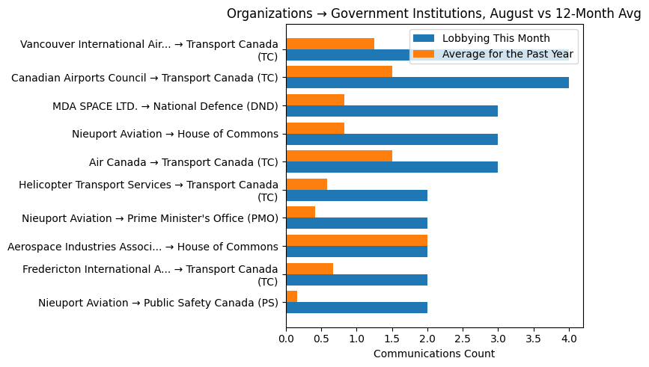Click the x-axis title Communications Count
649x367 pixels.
434,354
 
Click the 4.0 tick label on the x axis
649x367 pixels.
569,339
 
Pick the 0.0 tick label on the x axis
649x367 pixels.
286,339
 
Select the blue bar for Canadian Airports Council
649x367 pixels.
427,83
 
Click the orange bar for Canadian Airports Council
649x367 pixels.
339,72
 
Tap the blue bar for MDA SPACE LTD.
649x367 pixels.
391,111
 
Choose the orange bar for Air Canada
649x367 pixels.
339,156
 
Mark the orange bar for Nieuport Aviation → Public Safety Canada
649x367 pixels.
292,297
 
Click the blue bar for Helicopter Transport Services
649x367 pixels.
356,196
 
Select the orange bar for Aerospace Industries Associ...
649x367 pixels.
356,241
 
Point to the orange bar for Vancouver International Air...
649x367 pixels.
330,43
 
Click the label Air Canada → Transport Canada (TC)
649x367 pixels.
183,162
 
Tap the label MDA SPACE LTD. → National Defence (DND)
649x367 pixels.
165,106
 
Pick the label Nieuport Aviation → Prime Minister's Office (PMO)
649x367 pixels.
150,218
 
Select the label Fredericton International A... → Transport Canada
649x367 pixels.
150,275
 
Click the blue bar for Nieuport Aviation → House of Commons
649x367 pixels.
391,139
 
